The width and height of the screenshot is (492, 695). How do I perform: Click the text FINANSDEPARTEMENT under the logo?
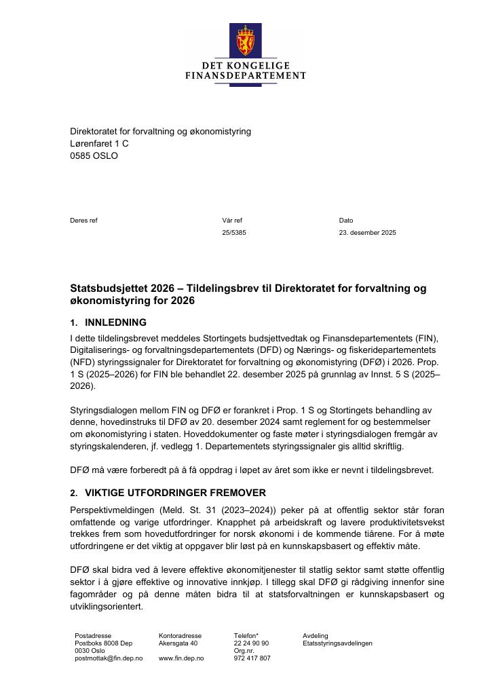pos(245,75)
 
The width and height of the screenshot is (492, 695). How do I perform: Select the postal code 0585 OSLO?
pos(94,155)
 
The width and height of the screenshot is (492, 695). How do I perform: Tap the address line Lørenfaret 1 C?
pos(99,143)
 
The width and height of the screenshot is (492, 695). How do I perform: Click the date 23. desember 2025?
pos(367,233)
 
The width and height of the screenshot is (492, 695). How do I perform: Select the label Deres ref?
pos(83,220)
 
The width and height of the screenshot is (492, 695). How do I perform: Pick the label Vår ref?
pos(231,220)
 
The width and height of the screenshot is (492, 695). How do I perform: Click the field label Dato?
pos(346,220)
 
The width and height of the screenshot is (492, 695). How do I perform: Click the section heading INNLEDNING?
pos(115,322)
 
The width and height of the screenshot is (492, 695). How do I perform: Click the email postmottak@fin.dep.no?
pos(109,658)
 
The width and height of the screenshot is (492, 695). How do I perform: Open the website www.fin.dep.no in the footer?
pos(181,658)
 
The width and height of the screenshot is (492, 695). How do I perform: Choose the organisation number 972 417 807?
pos(252,658)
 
